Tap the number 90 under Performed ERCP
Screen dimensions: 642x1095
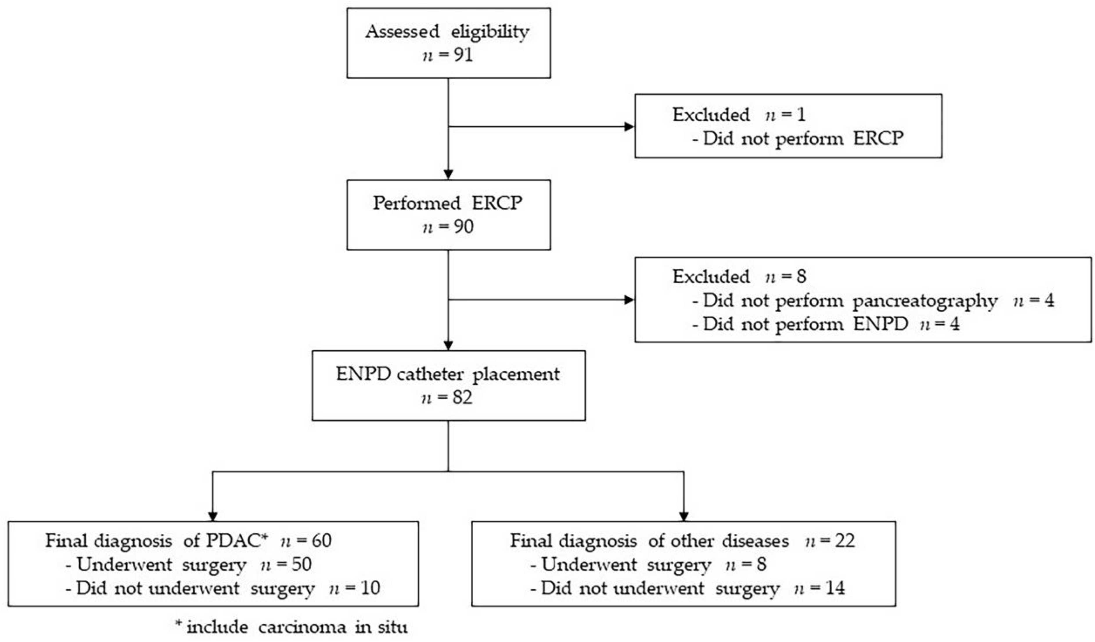pyautogui.click(x=463, y=227)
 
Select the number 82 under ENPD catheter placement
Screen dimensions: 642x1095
pyautogui.click(x=462, y=398)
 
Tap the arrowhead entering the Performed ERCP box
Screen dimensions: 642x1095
pyautogui.click(x=448, y=175)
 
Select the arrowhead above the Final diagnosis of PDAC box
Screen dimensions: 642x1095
pyautogui.click(x=213, y=516)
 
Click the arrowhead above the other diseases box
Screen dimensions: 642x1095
pyautogui.click(x=684, y=516)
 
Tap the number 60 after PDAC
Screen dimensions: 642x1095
pyautogui.click(x=321, y=541)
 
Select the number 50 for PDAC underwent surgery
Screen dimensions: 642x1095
pyautogui.click(x=302, y=564)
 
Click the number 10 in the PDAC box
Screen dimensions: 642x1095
pyautogui.click(x=370, y=588)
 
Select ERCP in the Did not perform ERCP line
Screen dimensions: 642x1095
pyautogui.click(x=878, y=139)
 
